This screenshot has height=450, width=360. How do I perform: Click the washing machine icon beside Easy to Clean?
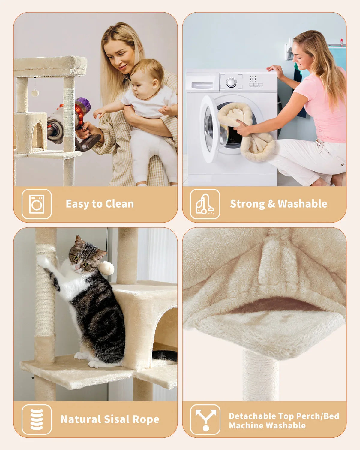(37, 204)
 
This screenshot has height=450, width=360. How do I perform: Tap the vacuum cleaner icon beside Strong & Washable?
(205, 204)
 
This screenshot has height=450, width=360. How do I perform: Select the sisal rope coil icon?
(37, 419)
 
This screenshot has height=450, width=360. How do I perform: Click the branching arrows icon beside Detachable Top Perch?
(205, 419)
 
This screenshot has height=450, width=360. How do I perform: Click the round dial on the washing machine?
(231, 82)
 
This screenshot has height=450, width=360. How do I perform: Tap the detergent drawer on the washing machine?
(202, 85)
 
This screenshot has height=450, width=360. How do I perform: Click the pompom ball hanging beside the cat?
(107, 268)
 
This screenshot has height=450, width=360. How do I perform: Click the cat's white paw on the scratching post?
(43, 261)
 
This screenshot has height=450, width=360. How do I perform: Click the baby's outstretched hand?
(99, 113)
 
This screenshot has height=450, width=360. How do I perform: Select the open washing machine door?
(211, 129)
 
